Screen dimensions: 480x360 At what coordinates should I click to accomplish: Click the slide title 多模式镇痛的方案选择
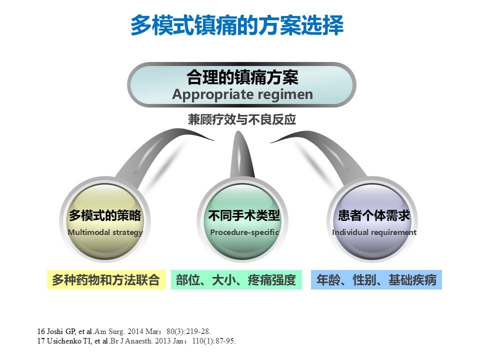point(237,25)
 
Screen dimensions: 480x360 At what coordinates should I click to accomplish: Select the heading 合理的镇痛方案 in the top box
point(242,77)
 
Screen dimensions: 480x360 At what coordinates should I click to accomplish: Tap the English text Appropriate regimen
point(242,94)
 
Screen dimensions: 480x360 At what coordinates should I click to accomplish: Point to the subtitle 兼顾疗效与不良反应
point(242,119)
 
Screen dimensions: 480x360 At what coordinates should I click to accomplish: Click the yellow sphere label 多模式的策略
point(105,215)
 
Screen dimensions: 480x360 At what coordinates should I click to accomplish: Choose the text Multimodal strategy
point(105,232)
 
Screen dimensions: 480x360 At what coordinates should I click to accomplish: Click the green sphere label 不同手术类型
point(244,215)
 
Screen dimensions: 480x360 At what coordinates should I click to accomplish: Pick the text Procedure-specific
point(244,232)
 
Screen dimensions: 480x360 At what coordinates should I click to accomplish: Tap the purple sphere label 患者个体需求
point(374,215)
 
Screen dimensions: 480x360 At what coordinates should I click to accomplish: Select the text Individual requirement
point(374,232)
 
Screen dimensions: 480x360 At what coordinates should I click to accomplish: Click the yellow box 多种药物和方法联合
point(106,280)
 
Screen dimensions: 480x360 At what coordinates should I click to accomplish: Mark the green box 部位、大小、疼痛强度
point(236,280)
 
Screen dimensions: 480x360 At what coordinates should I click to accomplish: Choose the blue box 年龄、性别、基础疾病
point(376,280)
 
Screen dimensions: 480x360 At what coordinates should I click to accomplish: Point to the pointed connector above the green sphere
point(242,156)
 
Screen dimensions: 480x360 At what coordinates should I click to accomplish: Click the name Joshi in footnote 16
point(55,331)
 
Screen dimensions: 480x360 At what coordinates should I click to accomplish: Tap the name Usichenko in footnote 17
point(64,340)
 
